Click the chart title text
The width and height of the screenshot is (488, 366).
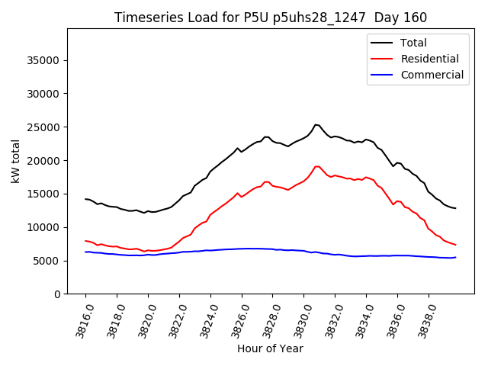tap(271, 18)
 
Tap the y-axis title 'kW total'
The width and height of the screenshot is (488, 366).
tap(15, 161)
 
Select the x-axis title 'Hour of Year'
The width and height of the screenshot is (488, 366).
tap(270, 348)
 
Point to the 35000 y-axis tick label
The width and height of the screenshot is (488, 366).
tap(43, 60)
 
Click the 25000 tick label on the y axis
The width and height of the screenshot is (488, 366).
tap(43, 127)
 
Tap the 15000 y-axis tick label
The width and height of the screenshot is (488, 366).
tap(43, 194)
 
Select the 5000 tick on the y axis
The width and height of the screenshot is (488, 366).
tap(47, 261)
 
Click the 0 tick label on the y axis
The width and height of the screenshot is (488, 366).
tap(56, 294)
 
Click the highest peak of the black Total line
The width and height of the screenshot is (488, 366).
tap(316, 124)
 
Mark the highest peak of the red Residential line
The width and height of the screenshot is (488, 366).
tap(316, 166)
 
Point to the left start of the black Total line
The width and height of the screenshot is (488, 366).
tap(85, 199)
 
